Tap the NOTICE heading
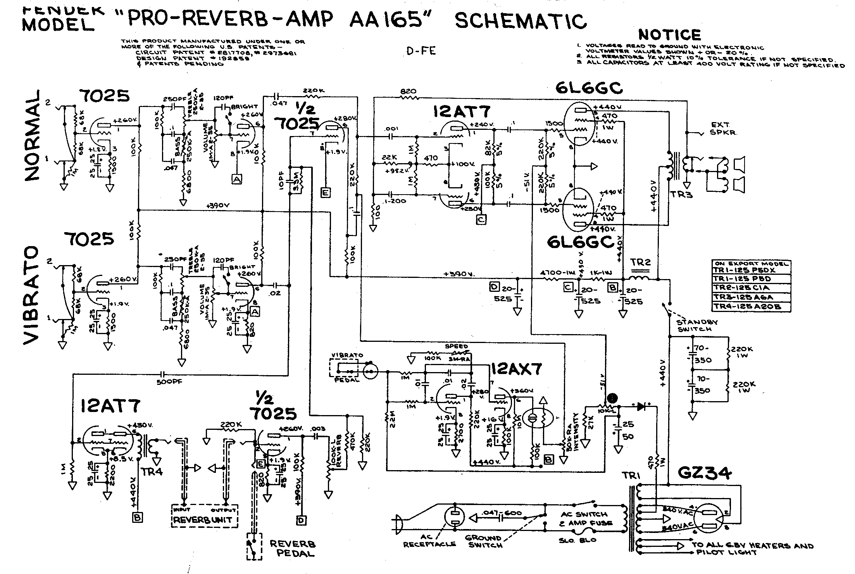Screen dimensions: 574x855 click(x=669, y=35)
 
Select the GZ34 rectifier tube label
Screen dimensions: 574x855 click(x=704, y=473)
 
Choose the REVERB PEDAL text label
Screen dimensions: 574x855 click(x=293, y=548)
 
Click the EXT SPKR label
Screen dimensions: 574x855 click(x=724, y=128)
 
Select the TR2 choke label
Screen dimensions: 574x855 click(x=640, y=262)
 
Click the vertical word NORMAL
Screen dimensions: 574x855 click(x=33, y=136)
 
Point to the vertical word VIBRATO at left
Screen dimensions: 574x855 click(x=31, y=295)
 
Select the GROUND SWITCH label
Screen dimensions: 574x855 click(x=483, y=541)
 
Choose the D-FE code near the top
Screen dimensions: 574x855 click(x=421, y=51)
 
